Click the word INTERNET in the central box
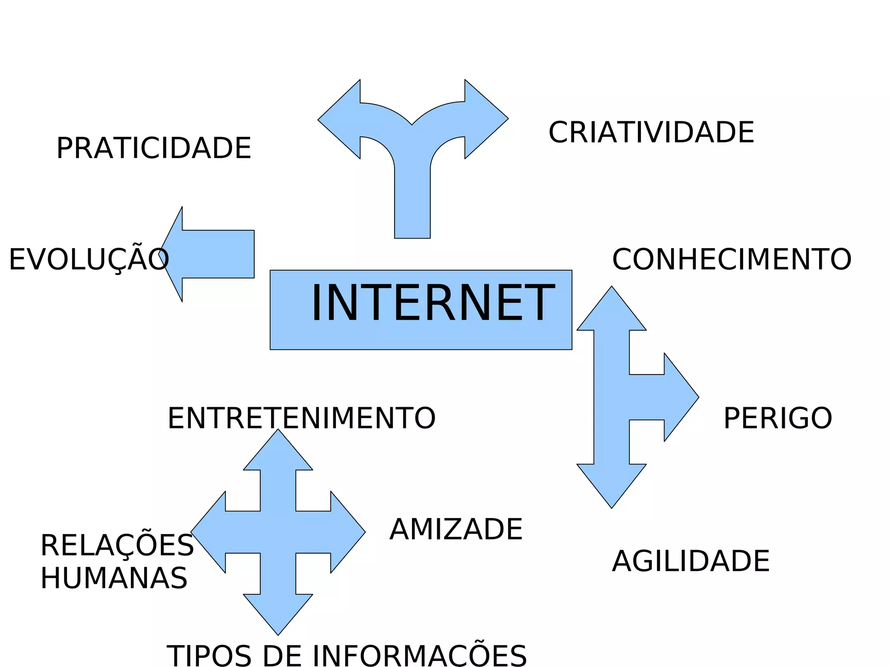point(433,303)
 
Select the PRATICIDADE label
point(154,148)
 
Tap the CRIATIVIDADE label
point(651,133)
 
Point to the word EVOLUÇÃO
point(89,260)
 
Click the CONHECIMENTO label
point(732,259)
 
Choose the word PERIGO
point(777,418)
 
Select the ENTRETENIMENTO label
point(302,418)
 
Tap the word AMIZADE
point(456,529)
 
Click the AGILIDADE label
point(691,561)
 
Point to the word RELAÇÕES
point(117,545)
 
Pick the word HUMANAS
point(114,578)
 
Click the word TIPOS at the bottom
point(209,655)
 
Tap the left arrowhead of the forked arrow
point(341,119)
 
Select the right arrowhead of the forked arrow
point(485,119)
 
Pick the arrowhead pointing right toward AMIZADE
point(346,532)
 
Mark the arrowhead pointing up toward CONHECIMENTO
point(611,311)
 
